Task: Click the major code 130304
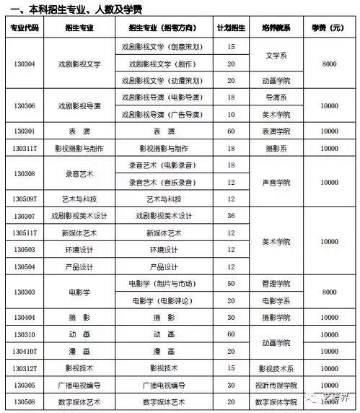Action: coord(24,64)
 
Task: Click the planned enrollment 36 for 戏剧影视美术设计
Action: coord(231,216)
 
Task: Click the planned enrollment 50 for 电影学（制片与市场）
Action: coord(231,283)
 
